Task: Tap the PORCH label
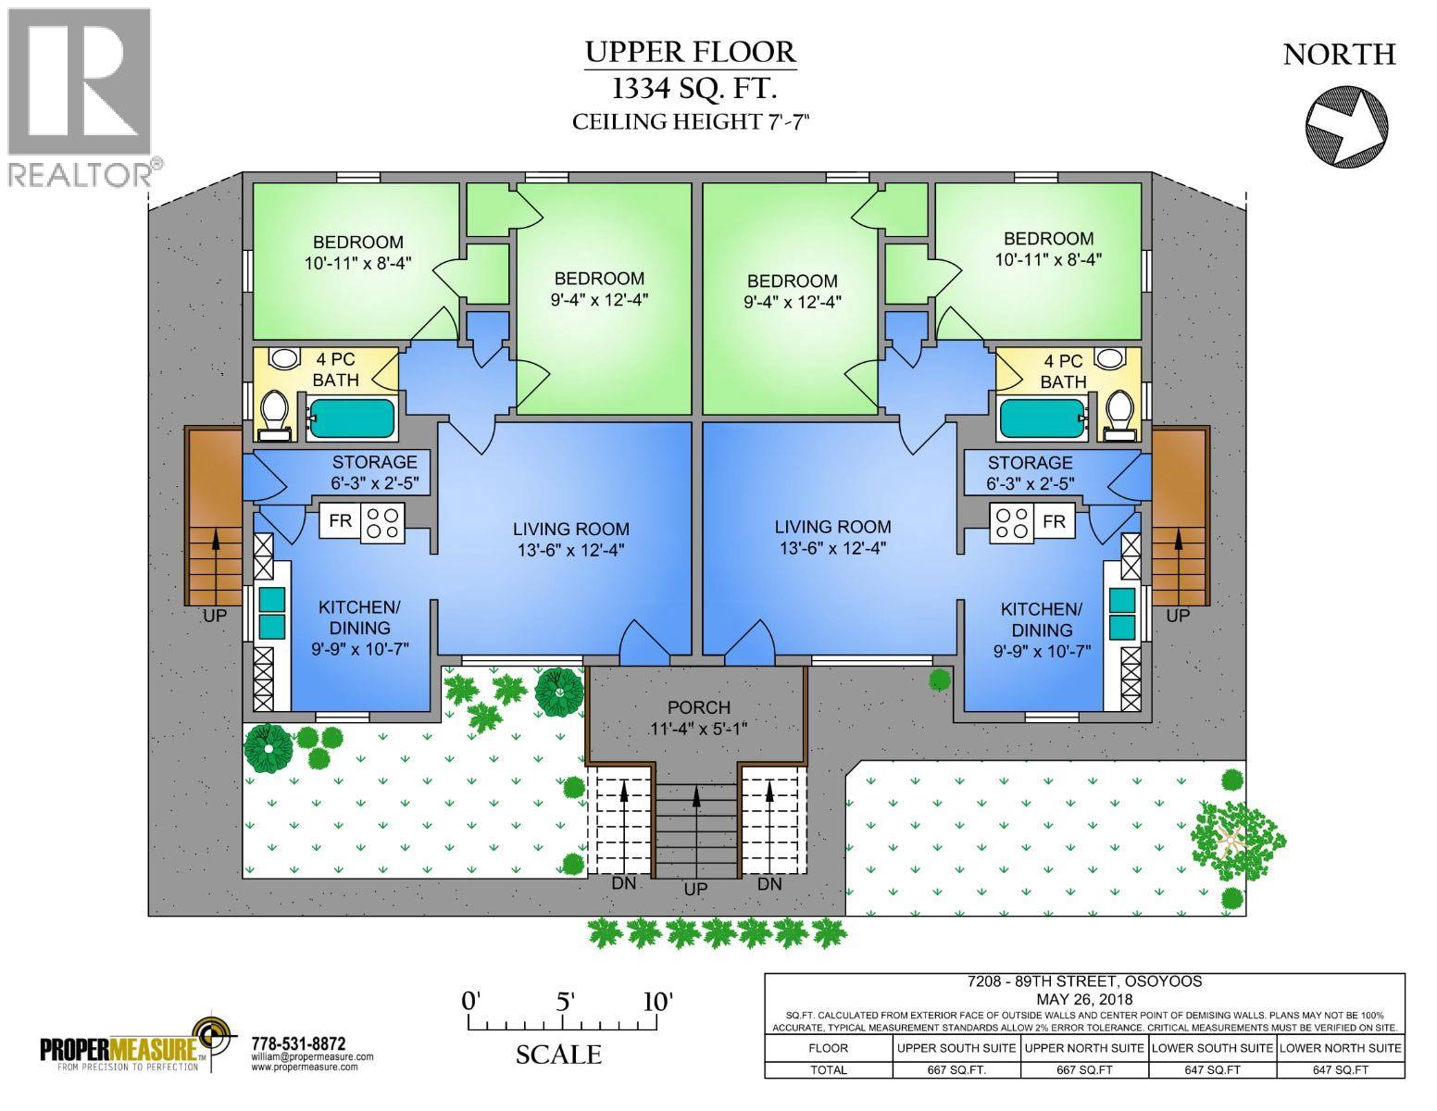pyautogui.click(x=698, y=707)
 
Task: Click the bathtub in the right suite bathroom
pyautogui.click(x=1042, y=418)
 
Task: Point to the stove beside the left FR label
pyautogui.click(x=381, y=522)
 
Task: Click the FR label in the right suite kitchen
pyautogui.click(x=1054, y=522)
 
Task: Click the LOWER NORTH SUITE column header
pyautogui.click(x=1340, y=1047)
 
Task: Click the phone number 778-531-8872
pyautogui.click(x=298, y=1043)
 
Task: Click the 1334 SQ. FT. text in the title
pyautogui.click(x=691, y=89)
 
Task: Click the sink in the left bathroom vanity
pyautogui.click(x=284, y=358)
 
